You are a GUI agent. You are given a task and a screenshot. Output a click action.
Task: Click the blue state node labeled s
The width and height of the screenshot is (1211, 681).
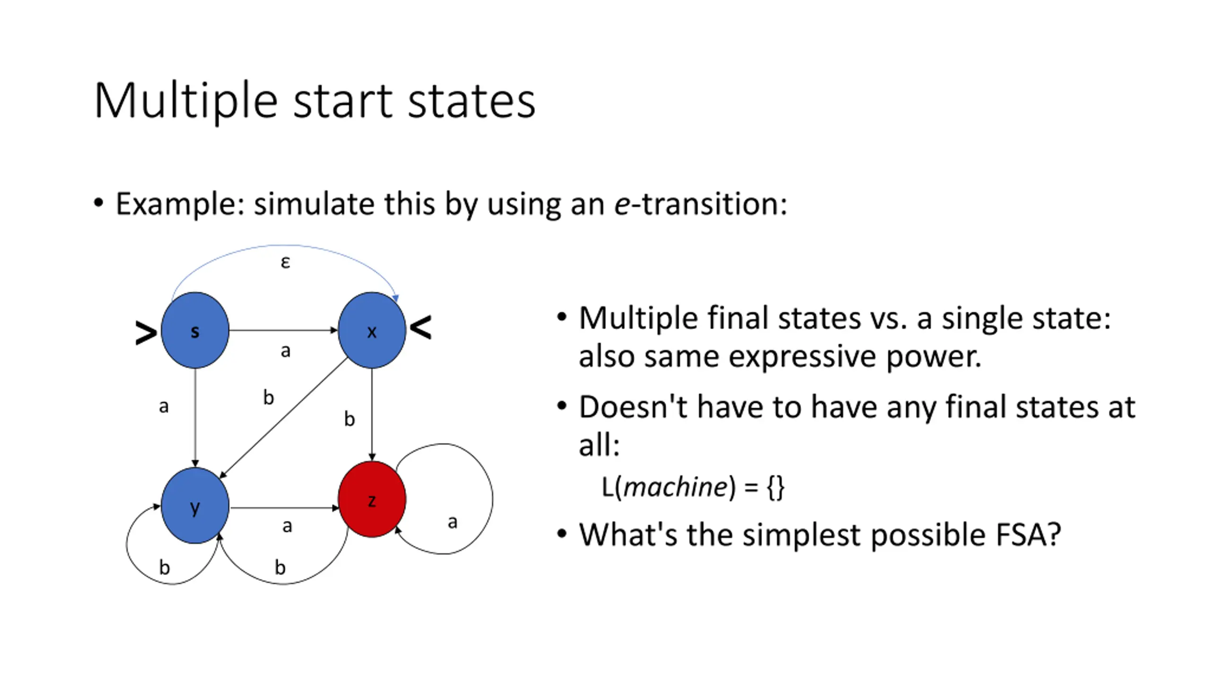coord(195,330)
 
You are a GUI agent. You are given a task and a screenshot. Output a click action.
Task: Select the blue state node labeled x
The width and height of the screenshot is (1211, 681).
coord(372,330)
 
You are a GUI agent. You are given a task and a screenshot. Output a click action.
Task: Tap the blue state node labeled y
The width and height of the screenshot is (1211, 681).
coord(195,506)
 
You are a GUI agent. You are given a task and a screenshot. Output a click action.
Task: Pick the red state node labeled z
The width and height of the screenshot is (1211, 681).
coord(372,499)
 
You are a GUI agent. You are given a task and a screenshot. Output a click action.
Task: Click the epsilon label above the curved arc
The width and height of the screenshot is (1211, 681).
coord(285,262)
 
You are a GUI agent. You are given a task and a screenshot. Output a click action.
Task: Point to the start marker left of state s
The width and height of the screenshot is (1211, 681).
coord(146,333)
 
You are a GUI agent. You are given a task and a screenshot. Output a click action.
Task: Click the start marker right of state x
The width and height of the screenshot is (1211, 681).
coord(421,327)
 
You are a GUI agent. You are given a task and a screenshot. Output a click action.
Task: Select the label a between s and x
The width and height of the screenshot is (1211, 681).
coord(285,351)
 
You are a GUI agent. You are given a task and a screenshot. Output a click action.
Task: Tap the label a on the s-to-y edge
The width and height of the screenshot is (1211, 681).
coord(164,406)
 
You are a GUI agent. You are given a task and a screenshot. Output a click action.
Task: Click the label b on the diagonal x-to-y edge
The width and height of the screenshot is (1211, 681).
coord(269,397)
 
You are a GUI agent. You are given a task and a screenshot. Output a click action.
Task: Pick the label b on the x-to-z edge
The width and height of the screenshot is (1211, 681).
coord(349,419)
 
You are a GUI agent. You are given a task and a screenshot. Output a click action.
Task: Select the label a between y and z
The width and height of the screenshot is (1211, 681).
coord(287,526)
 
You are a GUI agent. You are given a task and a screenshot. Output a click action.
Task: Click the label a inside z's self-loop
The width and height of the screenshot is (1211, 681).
coord(452,522)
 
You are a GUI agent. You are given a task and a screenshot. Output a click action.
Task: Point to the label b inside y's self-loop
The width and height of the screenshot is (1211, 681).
coord(164,567)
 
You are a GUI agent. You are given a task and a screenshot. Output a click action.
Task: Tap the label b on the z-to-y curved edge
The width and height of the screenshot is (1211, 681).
coord(280,567)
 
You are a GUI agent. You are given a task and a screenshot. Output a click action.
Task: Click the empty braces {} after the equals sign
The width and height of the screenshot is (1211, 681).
coord(776,487)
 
